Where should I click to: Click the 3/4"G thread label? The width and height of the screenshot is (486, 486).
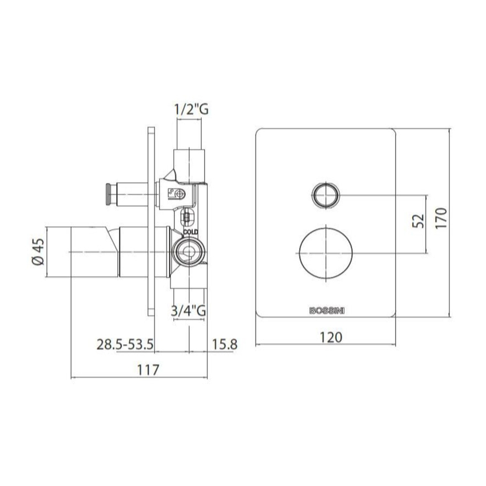189,312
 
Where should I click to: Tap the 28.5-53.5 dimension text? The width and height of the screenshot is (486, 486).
125,344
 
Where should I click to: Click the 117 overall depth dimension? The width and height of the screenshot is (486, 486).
148,370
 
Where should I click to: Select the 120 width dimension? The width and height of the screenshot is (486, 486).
327,337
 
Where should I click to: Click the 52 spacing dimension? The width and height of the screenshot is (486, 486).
418,221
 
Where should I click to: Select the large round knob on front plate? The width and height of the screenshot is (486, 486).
325,252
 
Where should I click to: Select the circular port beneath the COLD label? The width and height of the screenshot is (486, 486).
187,250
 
